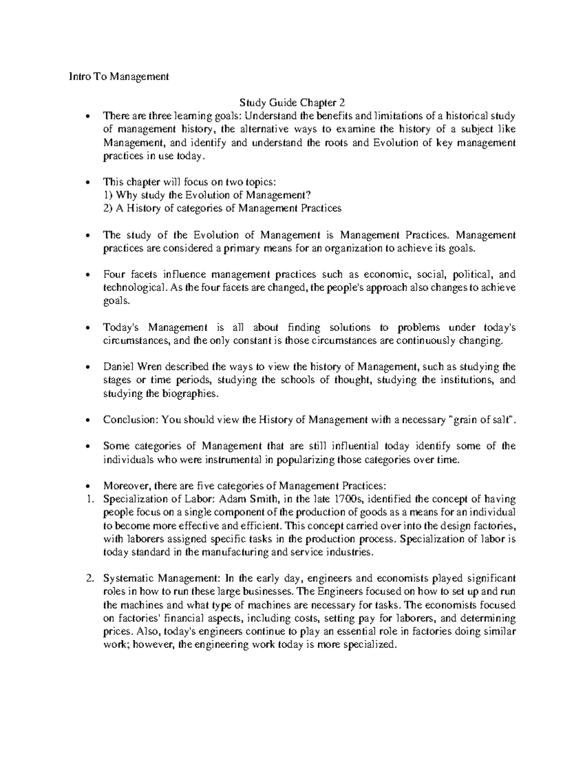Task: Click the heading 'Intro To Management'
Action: pyautogui.click(x=118, y=77)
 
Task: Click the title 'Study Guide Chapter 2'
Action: pyautogui.click(x=292, y=102)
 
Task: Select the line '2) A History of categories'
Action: pyautogui.click(x=222, y=208)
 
